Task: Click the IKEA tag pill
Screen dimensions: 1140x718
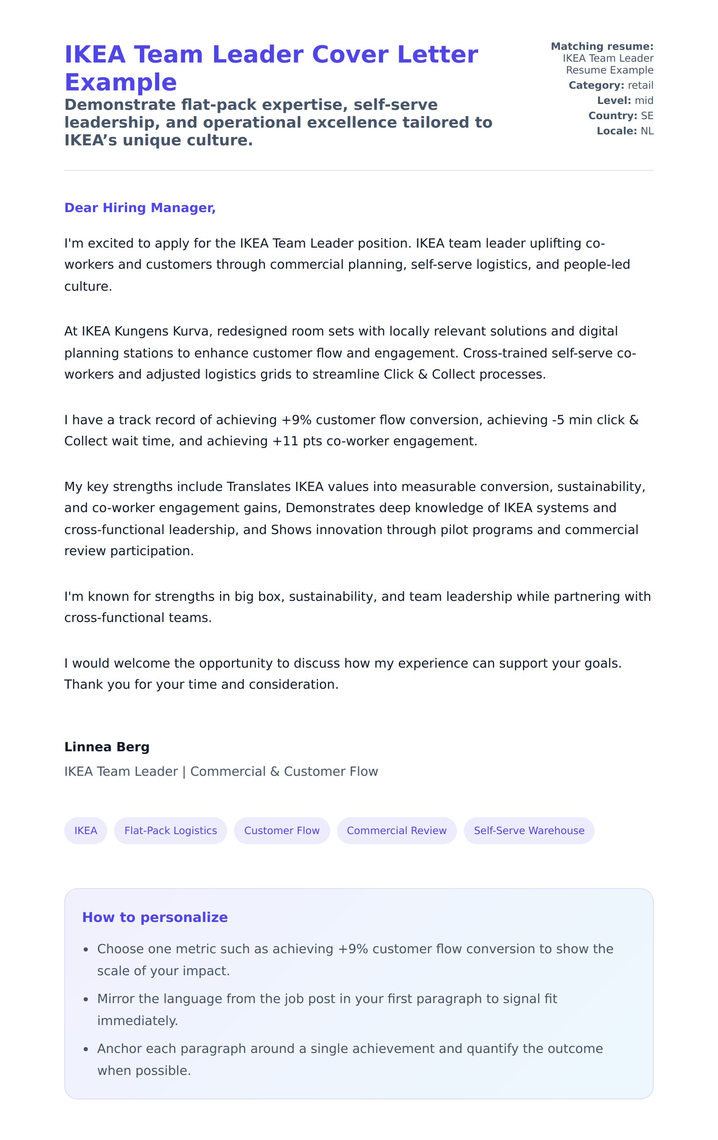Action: tap(85, 830)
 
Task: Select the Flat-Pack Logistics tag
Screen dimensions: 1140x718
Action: tap(170, 830)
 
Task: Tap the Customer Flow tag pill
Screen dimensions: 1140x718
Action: tap(282, 830)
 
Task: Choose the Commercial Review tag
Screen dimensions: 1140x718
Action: tap(396, 830)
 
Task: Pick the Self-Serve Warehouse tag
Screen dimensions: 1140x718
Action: tap(529, 830)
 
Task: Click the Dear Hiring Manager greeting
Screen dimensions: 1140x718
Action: tap(140, 208)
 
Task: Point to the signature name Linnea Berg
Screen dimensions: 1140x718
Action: tap(106, 747)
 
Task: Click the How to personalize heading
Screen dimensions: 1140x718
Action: tap(155, 917)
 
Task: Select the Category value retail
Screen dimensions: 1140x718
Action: tap(640, 85)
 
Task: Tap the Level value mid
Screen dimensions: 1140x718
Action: tap(644, 101)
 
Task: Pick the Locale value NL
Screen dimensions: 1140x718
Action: tap(647, 131)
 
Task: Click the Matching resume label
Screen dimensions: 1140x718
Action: tap(601, 46)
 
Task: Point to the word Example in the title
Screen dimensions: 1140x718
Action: tap(121, 82)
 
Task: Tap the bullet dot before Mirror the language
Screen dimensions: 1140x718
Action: tap(86, 999)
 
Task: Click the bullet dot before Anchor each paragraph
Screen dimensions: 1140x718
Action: tap(86, 1049)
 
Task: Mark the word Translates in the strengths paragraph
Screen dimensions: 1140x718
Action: tap(258, 487)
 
